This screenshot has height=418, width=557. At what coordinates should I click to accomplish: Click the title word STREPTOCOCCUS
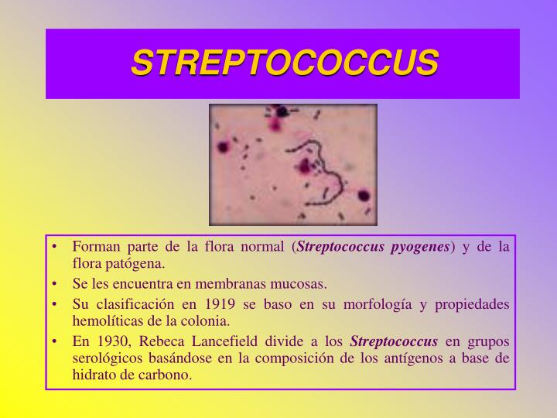click(x=284, y=63)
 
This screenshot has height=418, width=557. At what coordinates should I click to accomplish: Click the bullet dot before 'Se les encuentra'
click(x=58, y=283)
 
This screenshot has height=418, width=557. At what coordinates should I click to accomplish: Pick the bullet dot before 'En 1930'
click(x=58, y=340)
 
